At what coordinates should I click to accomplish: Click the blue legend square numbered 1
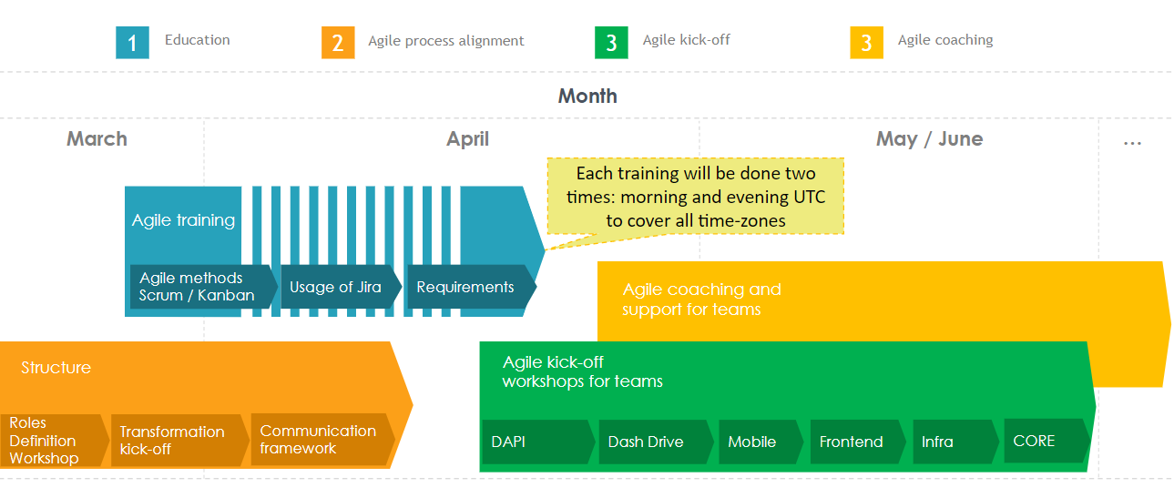coord(132,43)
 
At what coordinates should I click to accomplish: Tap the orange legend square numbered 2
coord(338,43)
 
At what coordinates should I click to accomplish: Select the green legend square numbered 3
coord(611,43)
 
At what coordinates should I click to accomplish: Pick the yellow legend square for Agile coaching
coord(866,43)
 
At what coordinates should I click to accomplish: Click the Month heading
coord(587,96)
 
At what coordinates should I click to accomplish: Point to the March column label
coord(97,139)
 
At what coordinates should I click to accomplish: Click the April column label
coord(467,139)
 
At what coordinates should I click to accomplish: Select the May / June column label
coord(929,139)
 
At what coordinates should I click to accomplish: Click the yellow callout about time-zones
coord(695,196)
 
